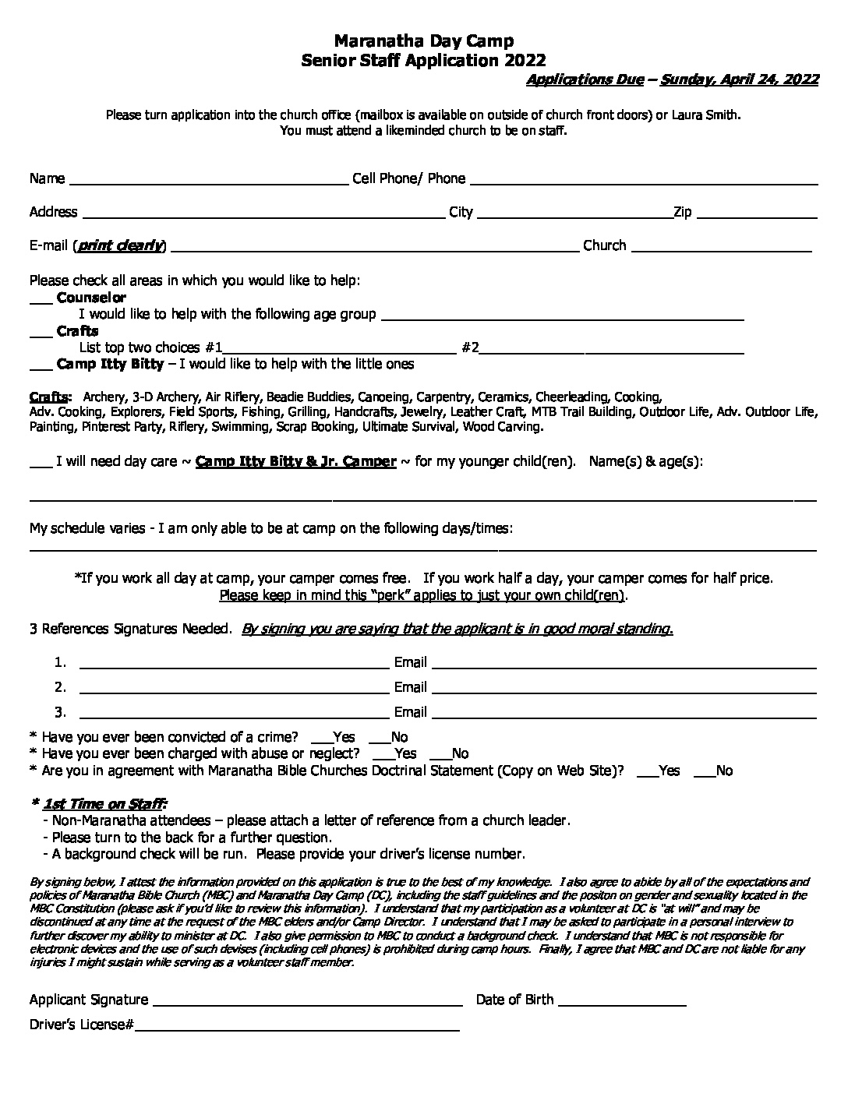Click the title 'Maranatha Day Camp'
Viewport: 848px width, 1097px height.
click(424, 41)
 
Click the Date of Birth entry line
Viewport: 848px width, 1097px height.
click(622, 1003)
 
